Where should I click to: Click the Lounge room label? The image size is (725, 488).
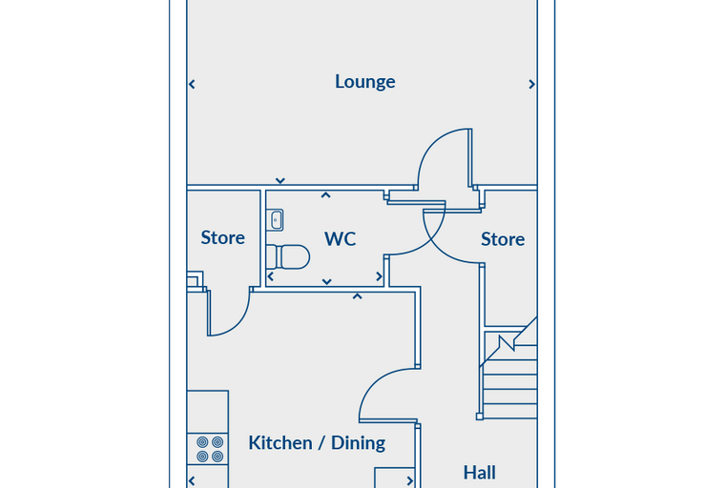[x=364, y=82]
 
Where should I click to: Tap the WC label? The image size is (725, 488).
[x=340, y=239]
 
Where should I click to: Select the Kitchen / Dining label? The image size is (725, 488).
[x=317, y=442]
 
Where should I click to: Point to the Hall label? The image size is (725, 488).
[x=480, y=473]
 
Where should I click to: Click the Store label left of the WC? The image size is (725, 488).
[x=223, y=237]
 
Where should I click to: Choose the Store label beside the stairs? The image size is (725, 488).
[x=503, y=239]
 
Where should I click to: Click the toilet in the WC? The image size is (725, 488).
[x=288, y=257]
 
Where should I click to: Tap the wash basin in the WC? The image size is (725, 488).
[x=277, y=220]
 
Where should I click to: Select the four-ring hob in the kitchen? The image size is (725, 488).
[x=210, y=449]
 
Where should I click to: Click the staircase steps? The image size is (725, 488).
[x=508, y=375]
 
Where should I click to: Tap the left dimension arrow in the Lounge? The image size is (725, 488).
[x=192, y=84]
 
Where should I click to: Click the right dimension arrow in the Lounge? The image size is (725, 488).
[x=531, y=84]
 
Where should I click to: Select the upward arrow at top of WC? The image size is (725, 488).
[x=325, y=195]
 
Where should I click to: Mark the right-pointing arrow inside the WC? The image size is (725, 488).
[x=379, y=276]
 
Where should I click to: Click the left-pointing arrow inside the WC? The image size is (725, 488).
[x=271, y=276]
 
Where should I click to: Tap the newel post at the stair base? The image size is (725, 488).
[x=480, y=417]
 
